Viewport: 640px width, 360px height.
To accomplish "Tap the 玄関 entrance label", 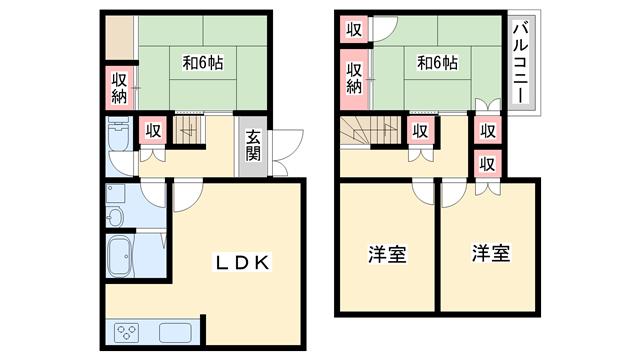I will [x=253, y=147].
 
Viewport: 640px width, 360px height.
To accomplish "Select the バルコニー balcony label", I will [x=521, y=62].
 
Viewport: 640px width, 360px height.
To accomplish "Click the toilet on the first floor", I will [x=117, y=136].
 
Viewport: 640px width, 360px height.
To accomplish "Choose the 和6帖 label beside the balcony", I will [x=437, y=63].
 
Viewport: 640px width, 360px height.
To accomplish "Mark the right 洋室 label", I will [x=491, y=254].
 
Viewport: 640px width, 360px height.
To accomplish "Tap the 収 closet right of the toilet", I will [x=152, y=129].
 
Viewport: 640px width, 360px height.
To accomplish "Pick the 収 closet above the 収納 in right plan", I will [x=354, y=29].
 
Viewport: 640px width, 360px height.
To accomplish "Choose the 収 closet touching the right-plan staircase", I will [x=421, y=129].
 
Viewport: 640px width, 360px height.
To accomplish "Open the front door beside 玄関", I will [x=284, y=146].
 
